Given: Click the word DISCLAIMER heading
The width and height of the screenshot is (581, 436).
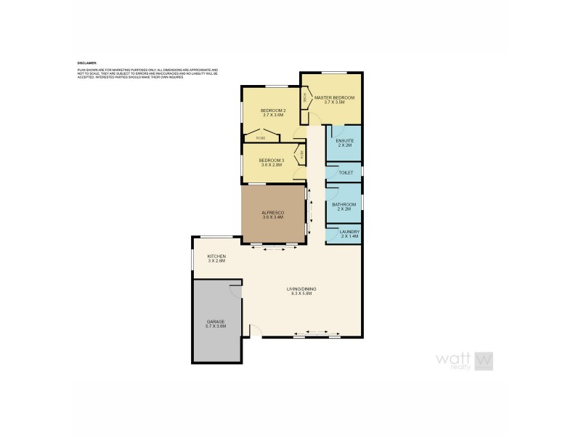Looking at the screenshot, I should [x=86, y=63].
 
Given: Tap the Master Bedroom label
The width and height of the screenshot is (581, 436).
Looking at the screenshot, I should [x=334, y=97].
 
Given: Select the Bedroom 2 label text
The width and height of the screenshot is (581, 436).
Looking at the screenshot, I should [x=273, y=110].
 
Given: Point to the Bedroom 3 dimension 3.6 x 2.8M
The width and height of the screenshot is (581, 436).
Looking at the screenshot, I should [x=271, y=165].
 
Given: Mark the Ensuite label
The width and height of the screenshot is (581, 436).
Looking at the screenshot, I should [x=344, y=140].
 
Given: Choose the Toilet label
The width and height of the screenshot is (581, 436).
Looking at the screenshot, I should [x=346, y=173].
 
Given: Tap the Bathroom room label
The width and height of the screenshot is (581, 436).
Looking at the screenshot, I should [x=344, y=204].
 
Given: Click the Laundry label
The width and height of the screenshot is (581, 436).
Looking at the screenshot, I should [x=349, y=233].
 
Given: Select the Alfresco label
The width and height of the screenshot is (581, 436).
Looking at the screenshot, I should [x=272, y=213].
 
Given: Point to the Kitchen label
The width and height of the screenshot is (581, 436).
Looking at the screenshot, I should [x=216, y=257].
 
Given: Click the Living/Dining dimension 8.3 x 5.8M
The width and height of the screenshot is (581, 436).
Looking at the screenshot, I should [x=303, y=294].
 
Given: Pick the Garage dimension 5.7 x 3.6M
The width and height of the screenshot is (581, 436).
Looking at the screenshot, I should [x=216, y=326].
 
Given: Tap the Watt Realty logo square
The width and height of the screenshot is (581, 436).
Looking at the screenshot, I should [x=484, y=359].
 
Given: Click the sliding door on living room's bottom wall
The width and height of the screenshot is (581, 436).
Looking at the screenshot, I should [x=317, y=336].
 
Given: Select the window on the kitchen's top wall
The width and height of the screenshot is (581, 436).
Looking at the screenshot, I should [x=216, y=237].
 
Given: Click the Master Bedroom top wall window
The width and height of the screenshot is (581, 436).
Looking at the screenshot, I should [x=333, y=72].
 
